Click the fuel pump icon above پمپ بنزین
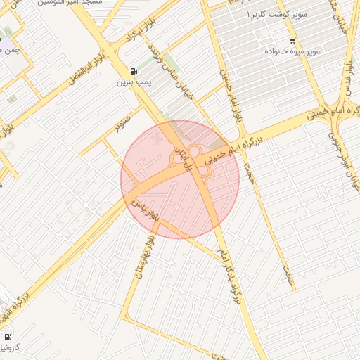(134, 72)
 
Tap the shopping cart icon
(292, 40)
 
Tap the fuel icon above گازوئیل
(8, 336)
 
